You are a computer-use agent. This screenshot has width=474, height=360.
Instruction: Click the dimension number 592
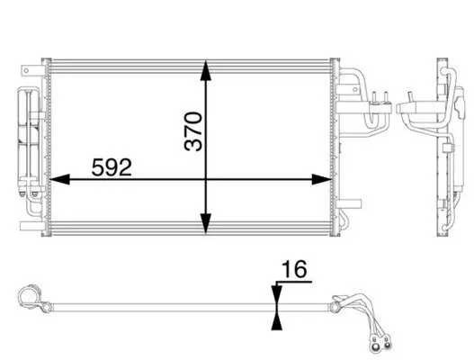(x=112, y=166)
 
